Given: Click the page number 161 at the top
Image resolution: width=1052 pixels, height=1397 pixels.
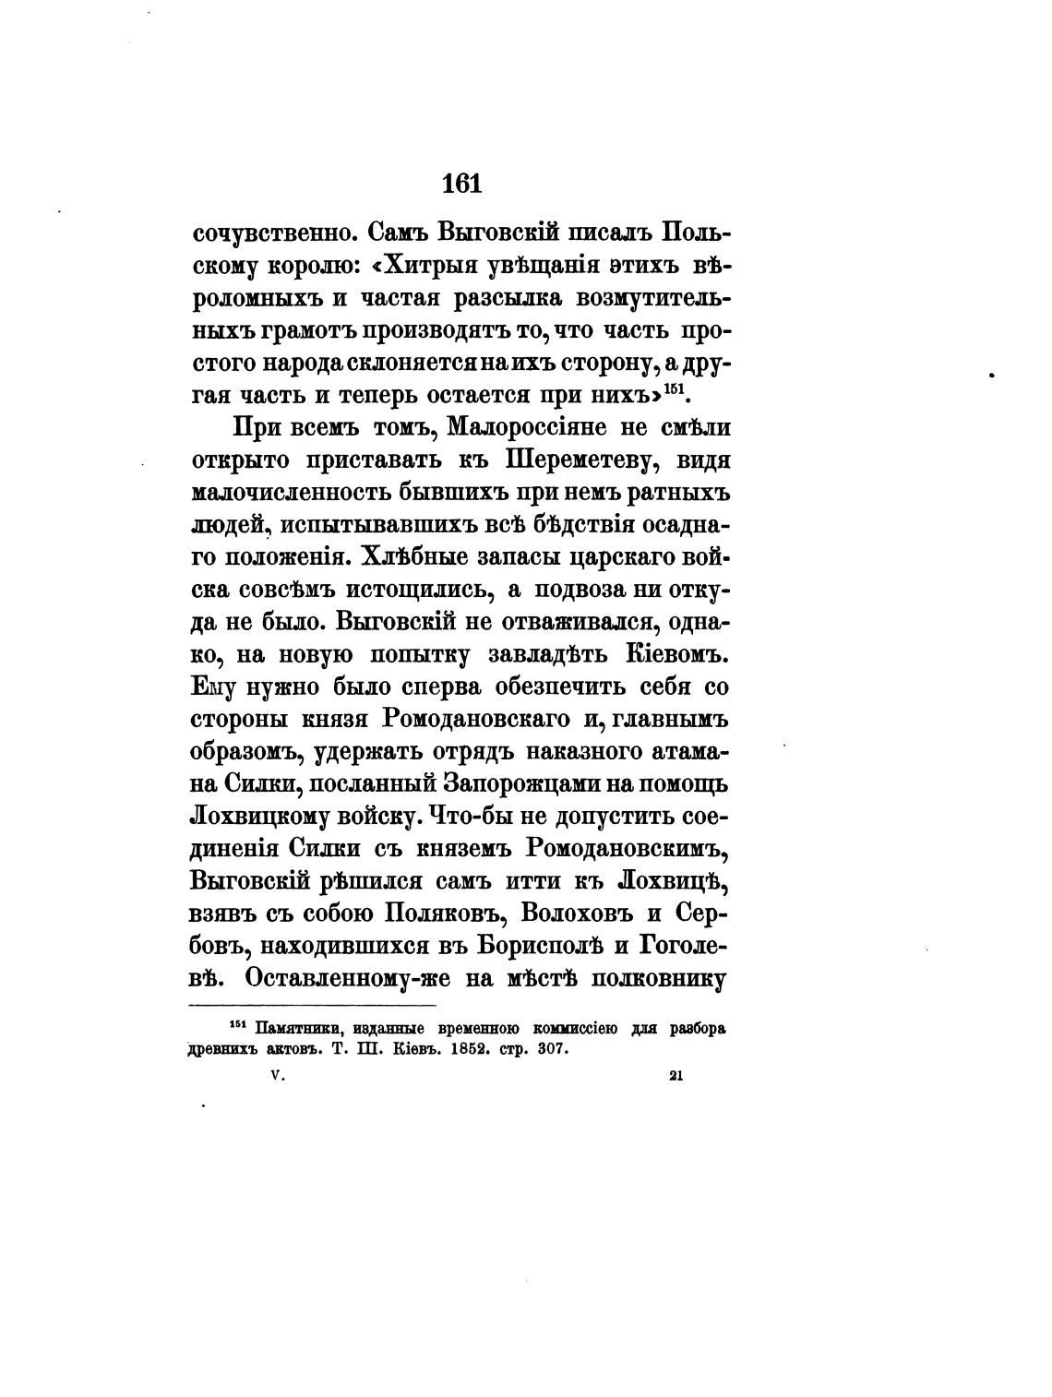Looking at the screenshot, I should tap(462, 183).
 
